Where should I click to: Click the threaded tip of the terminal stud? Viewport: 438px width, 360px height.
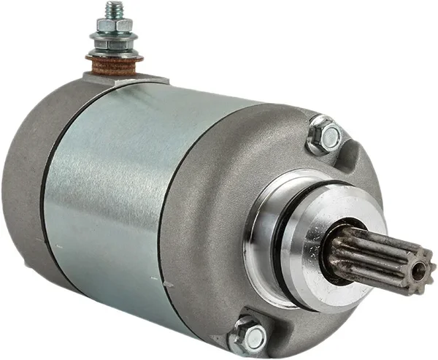click(113, 9)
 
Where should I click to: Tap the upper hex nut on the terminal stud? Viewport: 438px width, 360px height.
click(114, 26)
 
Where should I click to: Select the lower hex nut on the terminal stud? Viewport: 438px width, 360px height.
click(114, 45)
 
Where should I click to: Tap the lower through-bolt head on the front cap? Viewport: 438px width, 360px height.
click(250, 337)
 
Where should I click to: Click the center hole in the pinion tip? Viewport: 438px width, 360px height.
click(419, 272)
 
